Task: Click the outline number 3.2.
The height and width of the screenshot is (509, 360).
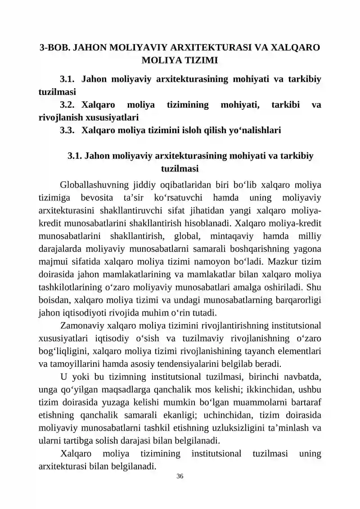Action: (67, 105)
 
